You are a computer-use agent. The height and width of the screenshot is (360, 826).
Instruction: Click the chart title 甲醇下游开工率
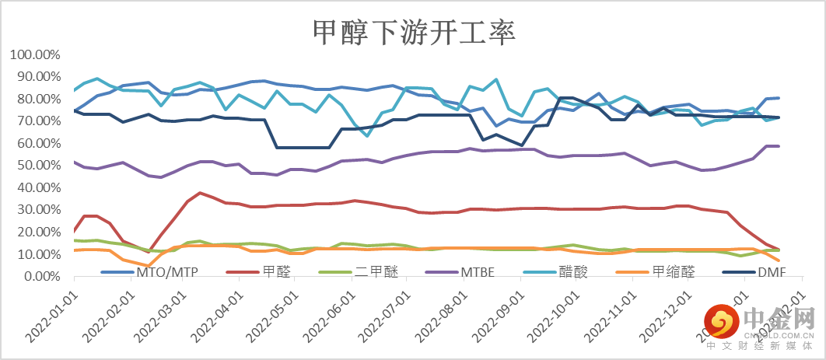(413, 33)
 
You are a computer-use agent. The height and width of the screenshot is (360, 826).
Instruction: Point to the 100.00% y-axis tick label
(35, 55)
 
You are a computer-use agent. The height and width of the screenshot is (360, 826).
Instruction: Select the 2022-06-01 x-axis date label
(331, 320)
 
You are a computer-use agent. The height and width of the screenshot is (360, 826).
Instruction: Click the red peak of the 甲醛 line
(200, 192)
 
